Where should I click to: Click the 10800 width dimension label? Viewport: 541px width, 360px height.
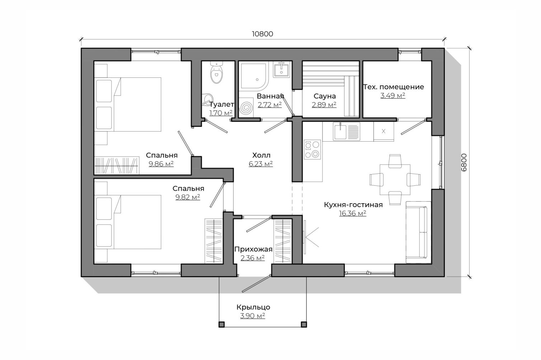(x=262, y=34)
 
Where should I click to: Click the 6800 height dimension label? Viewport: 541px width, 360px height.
(x=464, y=162)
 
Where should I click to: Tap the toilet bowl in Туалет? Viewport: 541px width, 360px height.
(x=216, y=72)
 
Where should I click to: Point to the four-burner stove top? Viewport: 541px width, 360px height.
(x=312, y=150)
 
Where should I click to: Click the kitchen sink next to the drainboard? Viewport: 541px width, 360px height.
(x=340, y=131)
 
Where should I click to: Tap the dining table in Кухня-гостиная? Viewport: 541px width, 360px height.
(x=395, y=179)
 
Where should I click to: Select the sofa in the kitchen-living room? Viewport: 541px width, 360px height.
(x=418, y=232)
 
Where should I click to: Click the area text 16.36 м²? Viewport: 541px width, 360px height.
(x=353, y=213)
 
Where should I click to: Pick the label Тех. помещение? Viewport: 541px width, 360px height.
(x=394, y=87)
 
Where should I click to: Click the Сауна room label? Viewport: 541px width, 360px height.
(x=325, y=96)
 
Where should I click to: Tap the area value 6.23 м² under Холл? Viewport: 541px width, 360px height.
(x=261, y=164)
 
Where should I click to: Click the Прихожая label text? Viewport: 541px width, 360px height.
(x=253, y=249)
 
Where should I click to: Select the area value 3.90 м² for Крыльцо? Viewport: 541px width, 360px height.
(x=253, y=316)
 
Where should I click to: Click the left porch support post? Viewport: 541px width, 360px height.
(x=221, y=325)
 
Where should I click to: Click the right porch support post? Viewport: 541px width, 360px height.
(x=304, y=325)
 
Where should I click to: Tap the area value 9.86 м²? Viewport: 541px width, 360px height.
(x=161, y=164)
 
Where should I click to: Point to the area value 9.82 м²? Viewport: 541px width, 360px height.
(x=188, y=197)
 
